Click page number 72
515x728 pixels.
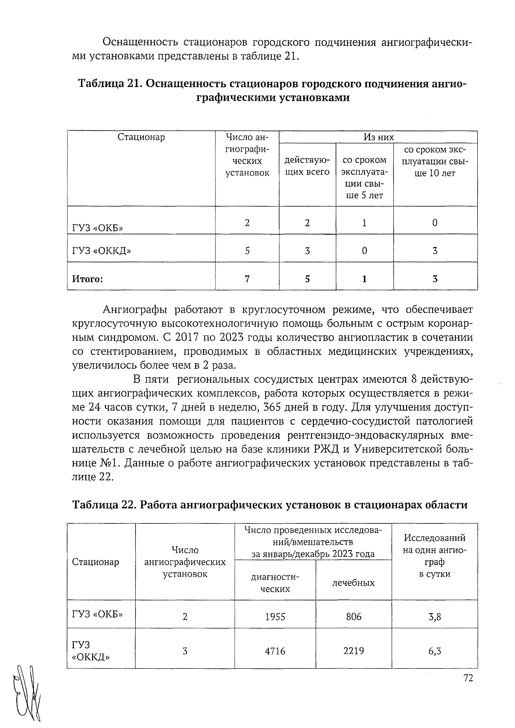[468, 678]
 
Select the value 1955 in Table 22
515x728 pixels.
[275, 617]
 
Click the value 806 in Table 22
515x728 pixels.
[353, 617]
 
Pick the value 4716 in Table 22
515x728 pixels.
[275, 651]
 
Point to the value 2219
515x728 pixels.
[353, 651]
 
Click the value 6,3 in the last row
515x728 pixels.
[434, 651]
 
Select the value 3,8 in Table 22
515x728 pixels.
[434, 617]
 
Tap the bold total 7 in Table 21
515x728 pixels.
[247, 279]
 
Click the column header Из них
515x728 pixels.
[378, 137]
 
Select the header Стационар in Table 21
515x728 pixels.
[141, 137]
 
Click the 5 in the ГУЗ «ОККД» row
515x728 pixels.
[247, 251]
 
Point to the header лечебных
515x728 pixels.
[353, 583]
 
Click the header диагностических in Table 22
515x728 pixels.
[275, 583]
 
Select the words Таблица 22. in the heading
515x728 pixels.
[103, 504]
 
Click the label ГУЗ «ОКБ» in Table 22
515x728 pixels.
[97, 614]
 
